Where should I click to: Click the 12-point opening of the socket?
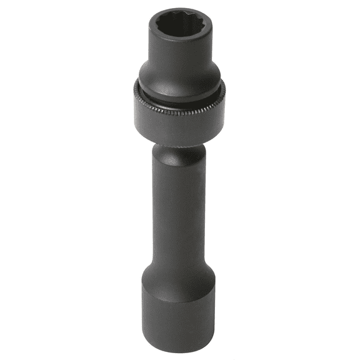(180, 24)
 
